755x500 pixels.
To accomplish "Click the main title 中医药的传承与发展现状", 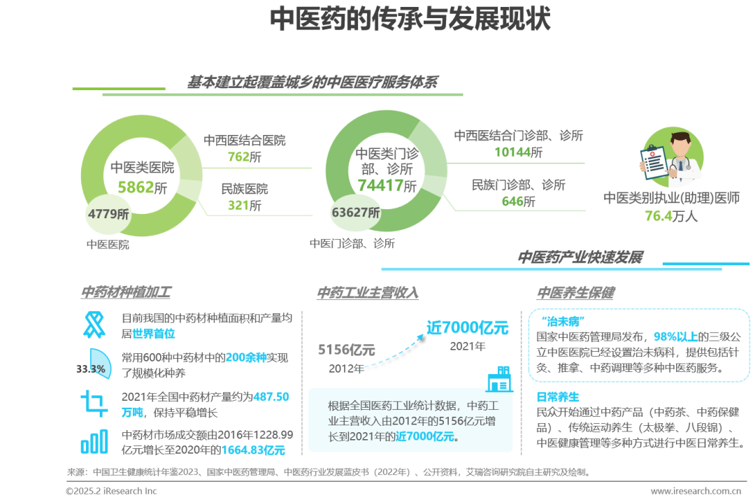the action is (410, 20).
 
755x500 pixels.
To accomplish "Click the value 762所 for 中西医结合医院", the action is (244, 157).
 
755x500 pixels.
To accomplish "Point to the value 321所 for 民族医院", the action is (244, 206).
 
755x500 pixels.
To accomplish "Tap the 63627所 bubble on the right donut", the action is (357, 213).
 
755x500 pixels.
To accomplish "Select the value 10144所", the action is (518, 152).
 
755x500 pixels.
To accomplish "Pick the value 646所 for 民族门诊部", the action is (518, 201).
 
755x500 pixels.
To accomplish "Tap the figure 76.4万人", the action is (671, 216).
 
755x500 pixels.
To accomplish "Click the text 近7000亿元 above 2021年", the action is (468, 327).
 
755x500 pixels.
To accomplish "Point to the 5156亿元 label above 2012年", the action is (347, 349).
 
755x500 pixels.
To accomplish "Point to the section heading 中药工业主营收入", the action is (368, 293).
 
